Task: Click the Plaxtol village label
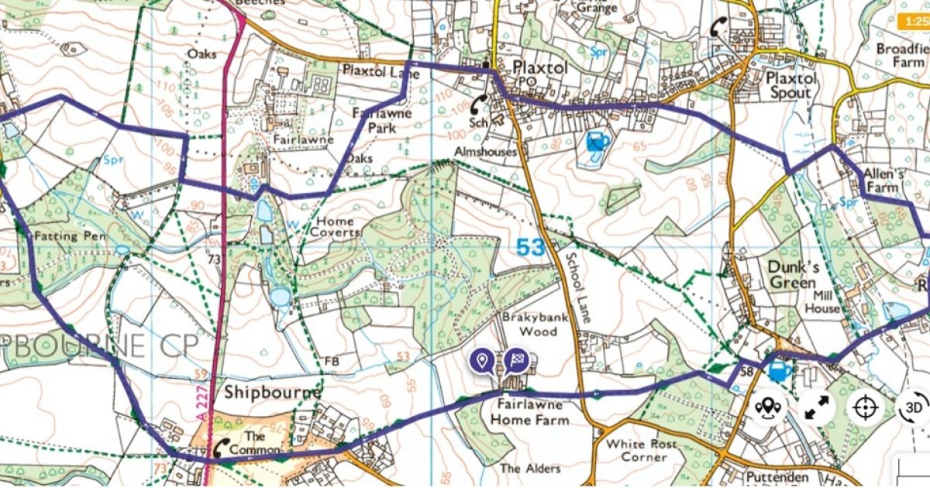point(540,68)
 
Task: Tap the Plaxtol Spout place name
point(790,85)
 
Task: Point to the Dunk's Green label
point(793,275)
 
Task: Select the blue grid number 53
point(531,248)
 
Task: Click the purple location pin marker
point(482,360)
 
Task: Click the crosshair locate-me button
point(866,407)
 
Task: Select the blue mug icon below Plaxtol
point(596,143)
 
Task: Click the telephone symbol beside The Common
point(223,446)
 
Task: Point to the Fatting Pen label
point(70,236)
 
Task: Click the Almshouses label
point(486,153)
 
